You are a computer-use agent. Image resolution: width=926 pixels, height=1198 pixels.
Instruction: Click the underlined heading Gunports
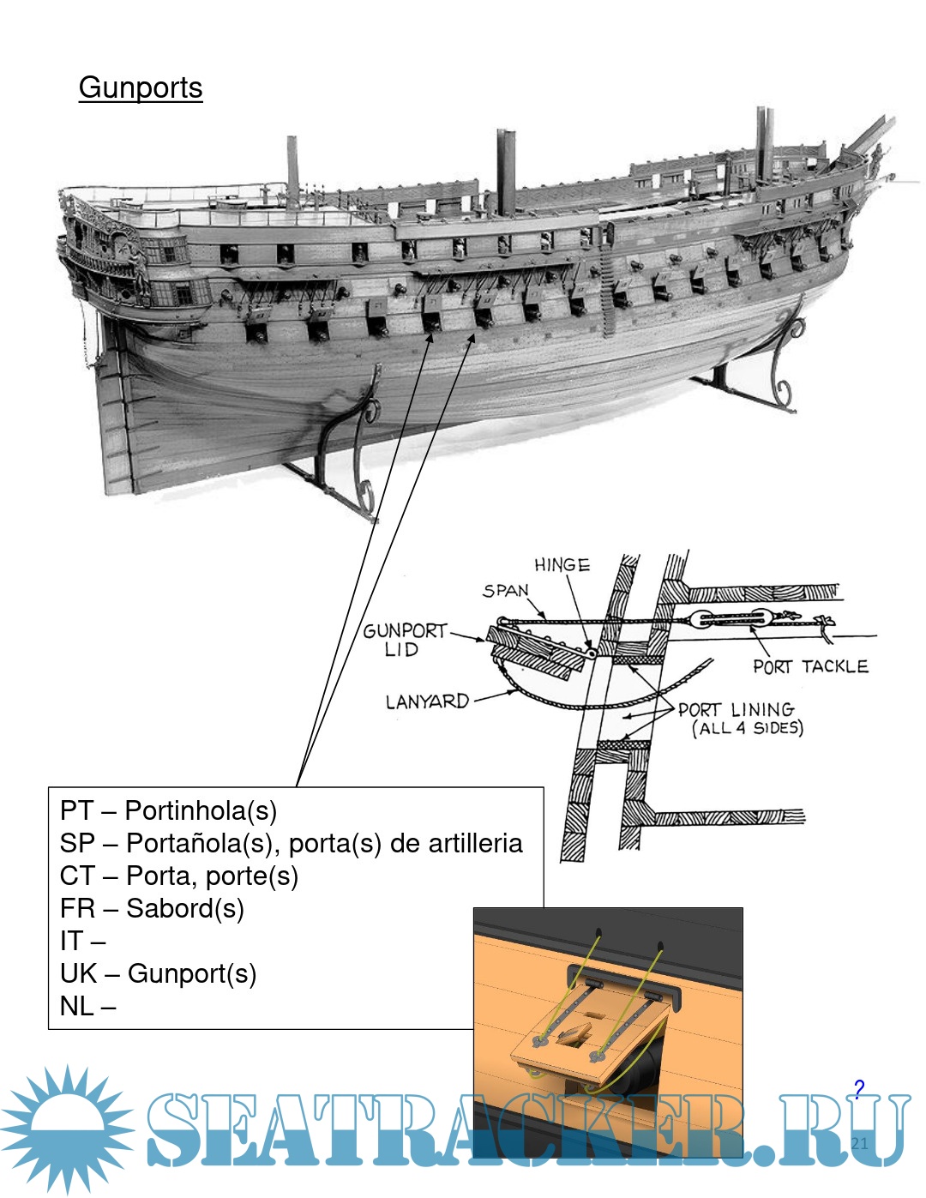click(141, 88)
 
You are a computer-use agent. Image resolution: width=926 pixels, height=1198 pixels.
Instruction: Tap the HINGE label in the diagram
click(562, 565)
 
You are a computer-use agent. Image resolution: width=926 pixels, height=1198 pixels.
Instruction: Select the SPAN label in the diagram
click(506, 591)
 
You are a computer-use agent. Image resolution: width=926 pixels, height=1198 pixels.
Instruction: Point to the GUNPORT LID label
click(405, 639)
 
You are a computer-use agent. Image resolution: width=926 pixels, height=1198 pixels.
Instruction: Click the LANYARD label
click(427, 702)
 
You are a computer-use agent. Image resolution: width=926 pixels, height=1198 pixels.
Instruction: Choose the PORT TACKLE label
click(810, 666)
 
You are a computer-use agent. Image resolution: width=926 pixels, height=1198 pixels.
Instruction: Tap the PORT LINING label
click(736, 710)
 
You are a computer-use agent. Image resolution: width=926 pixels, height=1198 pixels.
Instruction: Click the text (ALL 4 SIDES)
click(748, 729)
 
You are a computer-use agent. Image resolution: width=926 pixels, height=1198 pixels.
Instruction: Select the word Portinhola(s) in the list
click(201, 810)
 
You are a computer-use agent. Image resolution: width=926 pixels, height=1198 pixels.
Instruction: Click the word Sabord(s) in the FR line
click(185, 908)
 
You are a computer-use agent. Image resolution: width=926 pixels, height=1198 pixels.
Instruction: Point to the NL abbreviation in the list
click(76, 1006)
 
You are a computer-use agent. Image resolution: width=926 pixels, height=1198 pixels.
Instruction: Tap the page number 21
click(860, 1142)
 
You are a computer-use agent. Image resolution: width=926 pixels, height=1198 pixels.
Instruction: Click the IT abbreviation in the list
click(70, 941)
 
